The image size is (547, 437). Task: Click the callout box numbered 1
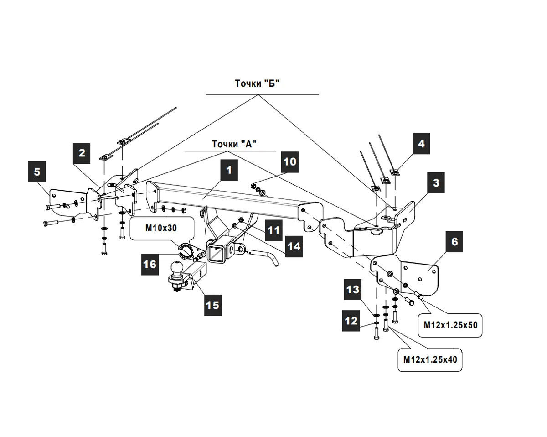coord(229,171)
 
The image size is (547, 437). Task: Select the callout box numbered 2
coord(82,153)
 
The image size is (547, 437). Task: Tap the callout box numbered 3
coord(436,183)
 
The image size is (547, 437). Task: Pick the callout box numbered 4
coord(421,144)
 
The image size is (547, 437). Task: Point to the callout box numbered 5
coord(37,172)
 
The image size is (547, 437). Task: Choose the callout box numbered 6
coord(454,242)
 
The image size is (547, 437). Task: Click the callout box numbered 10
coord(290,161)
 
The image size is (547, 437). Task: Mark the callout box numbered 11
coord(273,230)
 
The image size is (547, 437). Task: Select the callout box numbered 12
coord(352,321)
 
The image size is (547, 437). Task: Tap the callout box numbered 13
coord(352,289)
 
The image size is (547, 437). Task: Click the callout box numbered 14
coord(294,247)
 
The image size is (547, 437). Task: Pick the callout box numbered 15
coord(213,305)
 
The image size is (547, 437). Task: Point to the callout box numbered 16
coord(150,264)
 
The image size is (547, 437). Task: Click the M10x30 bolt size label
coord(161,228)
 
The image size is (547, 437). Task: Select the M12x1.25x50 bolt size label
coord(450,325)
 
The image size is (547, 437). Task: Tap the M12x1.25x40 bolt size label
coord(430,359)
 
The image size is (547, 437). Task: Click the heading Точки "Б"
coord(258,83)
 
